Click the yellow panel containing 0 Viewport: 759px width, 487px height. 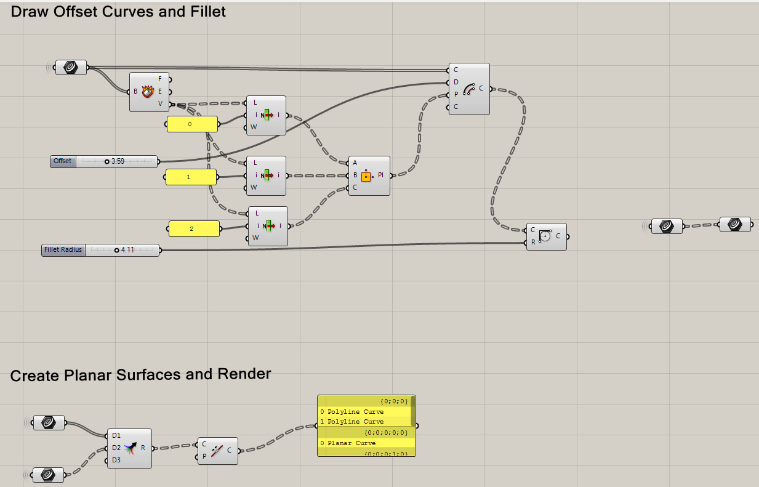pyautogui.click(x=192, y=124)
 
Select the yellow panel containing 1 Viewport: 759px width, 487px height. pyautogui.click(x=191, y=177)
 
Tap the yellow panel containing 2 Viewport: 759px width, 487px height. pyautogui.click(x=194, y=229)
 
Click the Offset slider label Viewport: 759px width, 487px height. pyautogui.click(x=63, y=161)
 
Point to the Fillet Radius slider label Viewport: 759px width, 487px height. pyautogui.click(x=63, y=250)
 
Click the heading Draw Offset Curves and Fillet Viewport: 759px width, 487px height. pyautogui.click(x=118, y=12)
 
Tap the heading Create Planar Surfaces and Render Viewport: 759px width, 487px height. pyautogui.click(x=140, y=374)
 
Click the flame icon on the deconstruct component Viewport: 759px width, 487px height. pyautogui.click(x=147, y=92)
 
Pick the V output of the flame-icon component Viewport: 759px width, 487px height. pyautogui.click(x=161, y=104)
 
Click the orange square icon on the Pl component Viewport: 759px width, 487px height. pyautogui.click(x=366, y=176)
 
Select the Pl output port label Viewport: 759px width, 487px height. pyautogui.click(x=381, y=175)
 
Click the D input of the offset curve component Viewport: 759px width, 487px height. pyautogui.click(x=456, y=82)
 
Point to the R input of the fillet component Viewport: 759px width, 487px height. pyautogui.click(x=533, y=242)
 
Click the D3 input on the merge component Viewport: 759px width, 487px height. pyautogui.click(x=116, y=460)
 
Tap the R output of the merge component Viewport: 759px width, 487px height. pyautogui.click(x=143, y=448)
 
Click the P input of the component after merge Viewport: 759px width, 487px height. pyautogui.click(x=204, y=456)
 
